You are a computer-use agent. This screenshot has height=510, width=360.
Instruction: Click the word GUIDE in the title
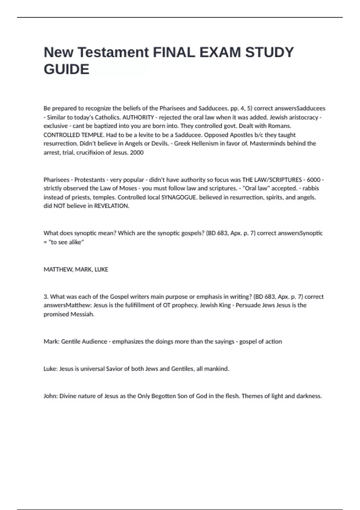(x=66, y=69)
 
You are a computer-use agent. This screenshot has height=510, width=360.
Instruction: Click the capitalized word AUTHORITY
(x=138, y=117)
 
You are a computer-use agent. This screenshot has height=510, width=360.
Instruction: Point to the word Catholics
(x=108, y=117)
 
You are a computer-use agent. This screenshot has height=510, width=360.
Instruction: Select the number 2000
(x=137, y=152)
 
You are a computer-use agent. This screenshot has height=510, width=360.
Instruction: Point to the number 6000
(x=314, y=180)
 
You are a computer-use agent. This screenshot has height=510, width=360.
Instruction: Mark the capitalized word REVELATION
(x=111, y=206)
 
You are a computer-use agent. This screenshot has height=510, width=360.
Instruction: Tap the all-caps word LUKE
(x=101, y=269)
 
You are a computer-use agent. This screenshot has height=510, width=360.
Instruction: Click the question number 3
(x=46, y=297)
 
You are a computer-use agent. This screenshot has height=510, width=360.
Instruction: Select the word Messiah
(x=82, y=314)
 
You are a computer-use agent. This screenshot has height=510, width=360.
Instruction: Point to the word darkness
(x=309, y=396)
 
